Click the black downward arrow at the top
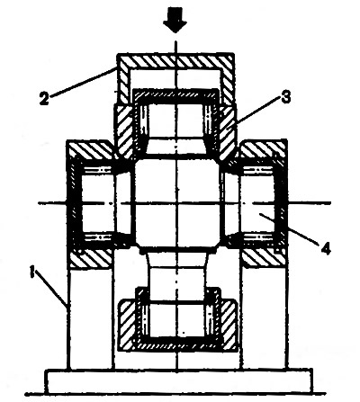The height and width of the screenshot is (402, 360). (175, 22)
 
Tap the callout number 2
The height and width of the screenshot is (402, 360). (44, 99)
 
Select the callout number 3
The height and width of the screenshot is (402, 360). (285, 96)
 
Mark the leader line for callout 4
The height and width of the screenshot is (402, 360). (289, 228)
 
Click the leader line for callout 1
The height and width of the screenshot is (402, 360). (51, 289)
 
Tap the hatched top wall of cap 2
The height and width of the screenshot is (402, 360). (175, 61)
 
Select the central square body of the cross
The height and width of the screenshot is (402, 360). (177, 203)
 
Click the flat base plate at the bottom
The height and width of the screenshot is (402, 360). (179, 381)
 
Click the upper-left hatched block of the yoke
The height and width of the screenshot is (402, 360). (91, 150)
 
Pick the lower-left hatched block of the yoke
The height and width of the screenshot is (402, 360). (91, 258)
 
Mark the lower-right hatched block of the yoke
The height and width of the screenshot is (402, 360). (264, 258)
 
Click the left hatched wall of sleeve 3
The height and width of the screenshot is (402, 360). (123, 132)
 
